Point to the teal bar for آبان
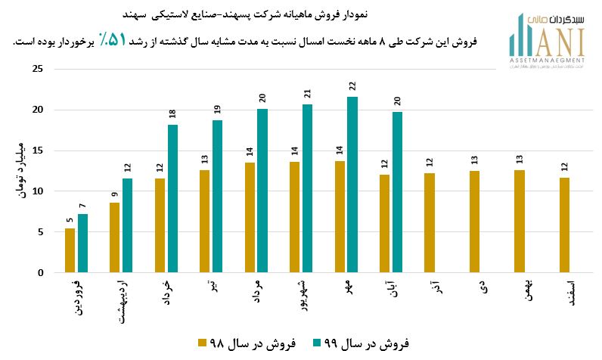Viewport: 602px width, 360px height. pos(397,192)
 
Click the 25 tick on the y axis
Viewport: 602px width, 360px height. pos(39,70)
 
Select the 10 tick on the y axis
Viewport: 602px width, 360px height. pos(39,191)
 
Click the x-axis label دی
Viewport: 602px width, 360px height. pos(481,286)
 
